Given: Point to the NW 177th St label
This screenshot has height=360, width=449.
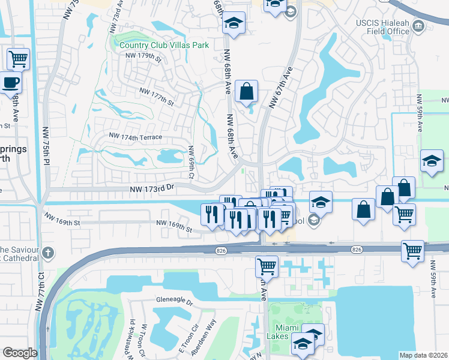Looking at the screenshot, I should point(155,96).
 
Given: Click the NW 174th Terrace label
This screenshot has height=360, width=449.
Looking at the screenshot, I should point(135,137).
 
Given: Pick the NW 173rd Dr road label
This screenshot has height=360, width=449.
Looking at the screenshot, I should point(152,188).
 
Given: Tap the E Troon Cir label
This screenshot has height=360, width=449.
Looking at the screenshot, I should point(188,339).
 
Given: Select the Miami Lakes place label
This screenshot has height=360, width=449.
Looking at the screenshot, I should point(291,333).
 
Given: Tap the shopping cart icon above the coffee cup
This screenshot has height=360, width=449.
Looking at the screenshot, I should point(19,59).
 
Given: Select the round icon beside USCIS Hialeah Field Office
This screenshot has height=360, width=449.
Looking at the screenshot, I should point(418,26).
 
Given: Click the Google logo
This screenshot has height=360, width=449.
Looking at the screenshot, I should point(20,353).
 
